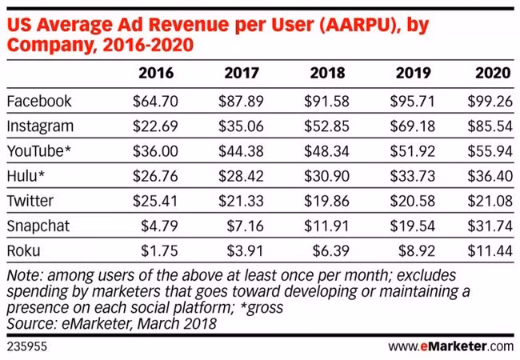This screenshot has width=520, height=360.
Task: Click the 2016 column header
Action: [156, 73]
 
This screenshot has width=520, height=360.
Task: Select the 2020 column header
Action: [493, 73]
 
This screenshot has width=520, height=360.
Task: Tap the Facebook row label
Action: [39, 101]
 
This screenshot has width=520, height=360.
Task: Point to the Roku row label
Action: [23, 250]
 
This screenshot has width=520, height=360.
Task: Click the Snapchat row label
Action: [38, 226]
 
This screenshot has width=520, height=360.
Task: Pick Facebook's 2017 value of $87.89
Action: [241, 101]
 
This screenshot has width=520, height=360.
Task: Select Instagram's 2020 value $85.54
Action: [490, 126]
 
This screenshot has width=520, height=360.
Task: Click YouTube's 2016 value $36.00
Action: [155, 151]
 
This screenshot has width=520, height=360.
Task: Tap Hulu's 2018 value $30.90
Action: [326, 176]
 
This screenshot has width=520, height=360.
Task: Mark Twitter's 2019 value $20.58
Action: [413, 201]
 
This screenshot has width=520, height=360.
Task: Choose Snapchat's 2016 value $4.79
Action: [159, 226]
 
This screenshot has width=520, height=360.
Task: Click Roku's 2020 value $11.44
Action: [490, 250]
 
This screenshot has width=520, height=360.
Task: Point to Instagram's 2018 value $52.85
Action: [326, 126]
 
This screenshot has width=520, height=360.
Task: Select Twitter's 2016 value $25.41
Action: [155, 201]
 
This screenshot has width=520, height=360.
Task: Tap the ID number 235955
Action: [27, 346]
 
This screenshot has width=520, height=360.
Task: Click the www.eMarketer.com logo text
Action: [451, 346]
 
